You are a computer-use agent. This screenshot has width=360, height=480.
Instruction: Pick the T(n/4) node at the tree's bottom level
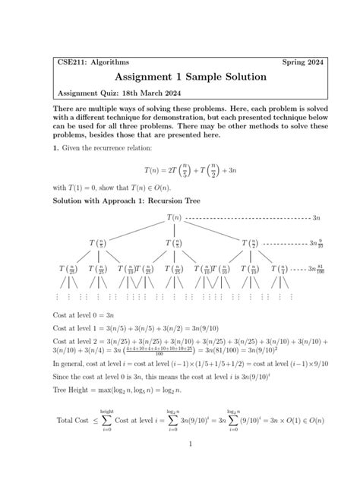[281, 270]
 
